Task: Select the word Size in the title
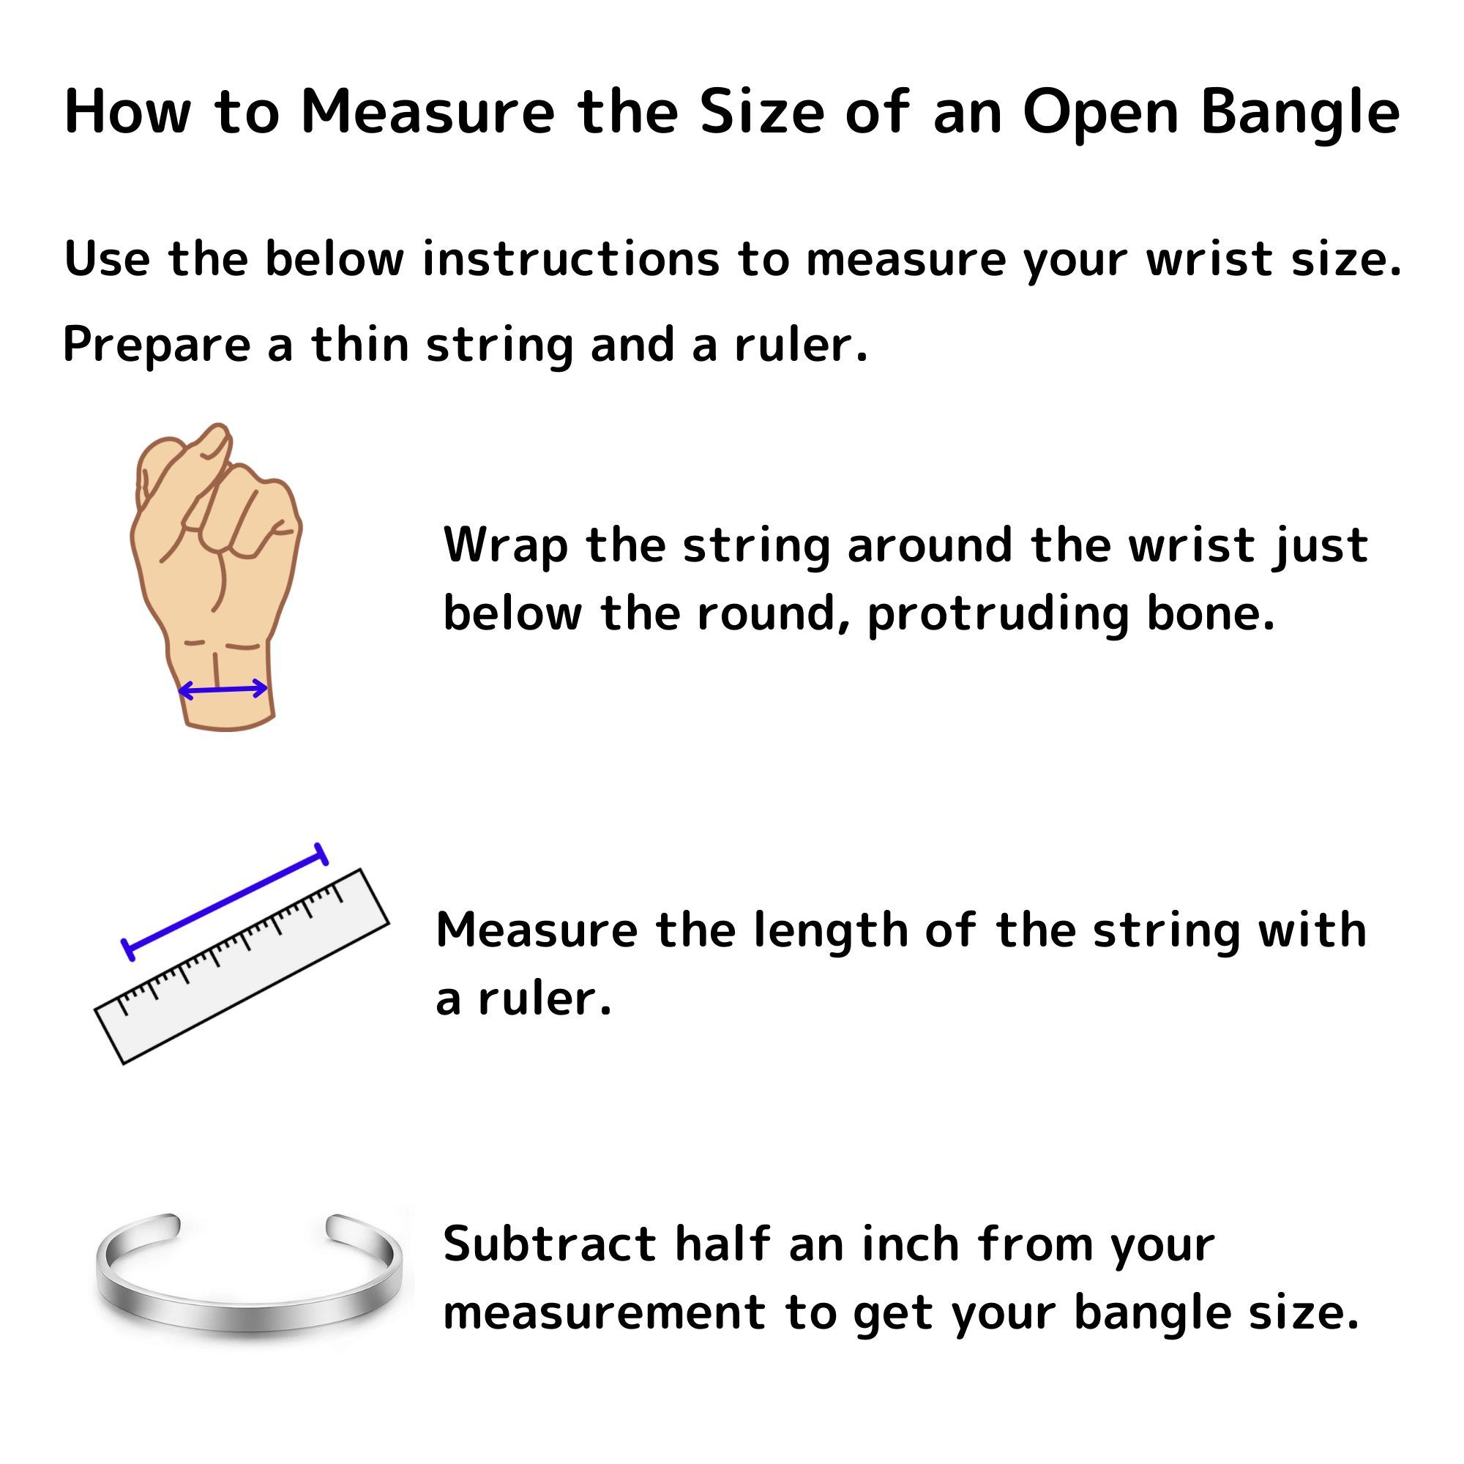point(761,112)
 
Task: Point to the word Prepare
point(157,346)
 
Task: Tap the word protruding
point(998,614)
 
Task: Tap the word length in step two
point(832,931)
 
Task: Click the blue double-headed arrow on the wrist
point(223,690)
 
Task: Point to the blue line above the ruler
point(225,902)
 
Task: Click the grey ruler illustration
point(242,967)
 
